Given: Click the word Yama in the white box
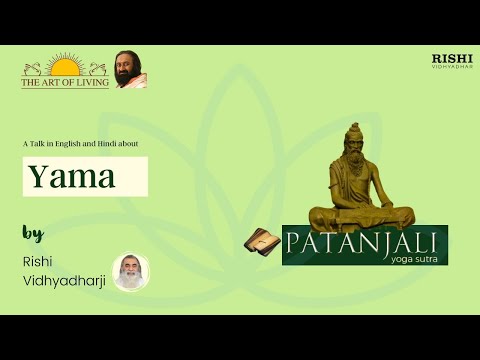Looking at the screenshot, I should coord(71,177).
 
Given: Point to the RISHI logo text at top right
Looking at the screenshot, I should coord(451,58).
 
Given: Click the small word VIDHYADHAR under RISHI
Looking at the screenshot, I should coord(451,67).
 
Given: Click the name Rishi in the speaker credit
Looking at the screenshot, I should coord(35,262).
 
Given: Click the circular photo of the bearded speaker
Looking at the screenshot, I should coord(131,272).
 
